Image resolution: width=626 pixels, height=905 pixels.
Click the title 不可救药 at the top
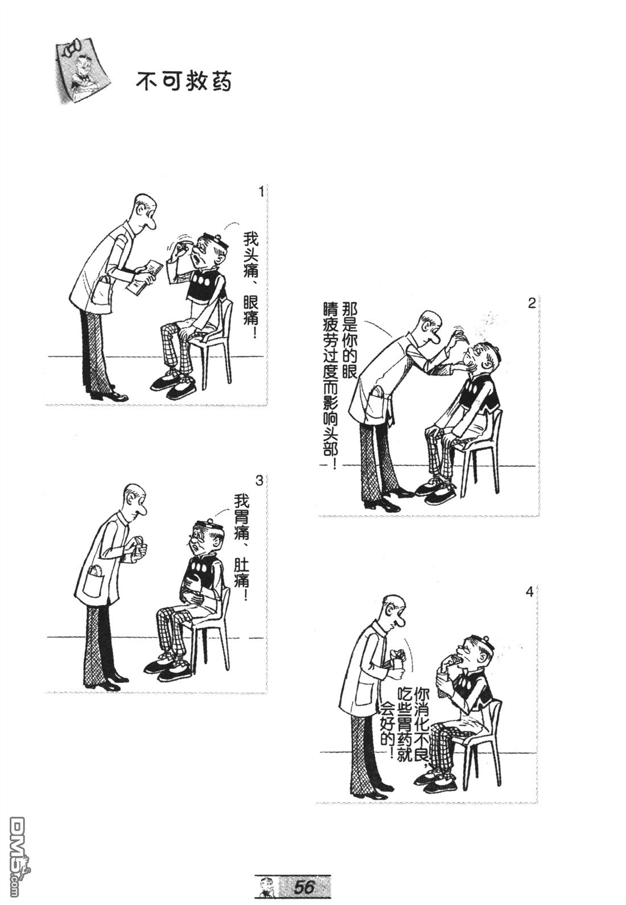click(x=184, y=83)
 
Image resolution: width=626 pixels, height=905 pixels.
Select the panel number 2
click(x=532, y=303)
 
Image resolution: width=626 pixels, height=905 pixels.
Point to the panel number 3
click(x=260, y=480)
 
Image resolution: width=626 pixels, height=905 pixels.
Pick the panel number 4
click(x=529, y=593)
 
